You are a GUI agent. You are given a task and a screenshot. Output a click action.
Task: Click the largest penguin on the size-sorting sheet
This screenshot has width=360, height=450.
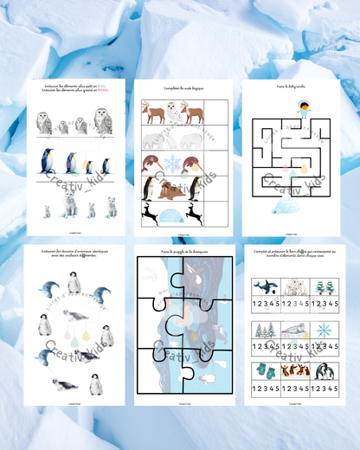coord(48,162)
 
